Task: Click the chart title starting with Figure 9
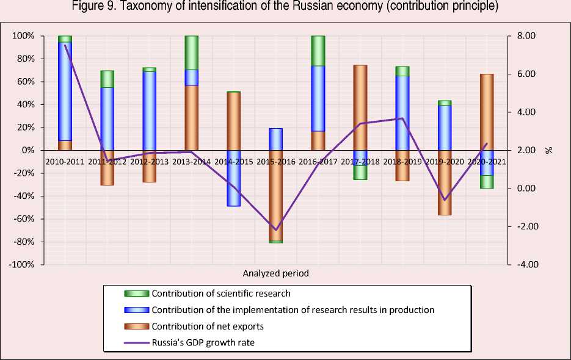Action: pos(285,7)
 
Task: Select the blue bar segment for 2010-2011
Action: pos(65,92)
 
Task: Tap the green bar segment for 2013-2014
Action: pos(192,52)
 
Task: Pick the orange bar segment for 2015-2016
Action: pos(276,195)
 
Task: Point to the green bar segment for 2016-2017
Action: pos(318,51)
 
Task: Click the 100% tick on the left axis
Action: pos(24,36)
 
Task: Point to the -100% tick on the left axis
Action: pos(22,265)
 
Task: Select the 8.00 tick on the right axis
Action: pos(526,36)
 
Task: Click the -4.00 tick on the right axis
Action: pos(525,265)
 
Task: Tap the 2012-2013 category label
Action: pos(150,161)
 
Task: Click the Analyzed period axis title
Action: pos(275,273)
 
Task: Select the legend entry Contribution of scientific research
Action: pos(220,293)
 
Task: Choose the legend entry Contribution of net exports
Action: pos(208,326)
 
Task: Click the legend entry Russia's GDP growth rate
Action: pos(203,343)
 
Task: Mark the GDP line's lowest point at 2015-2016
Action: pos(276,230)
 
